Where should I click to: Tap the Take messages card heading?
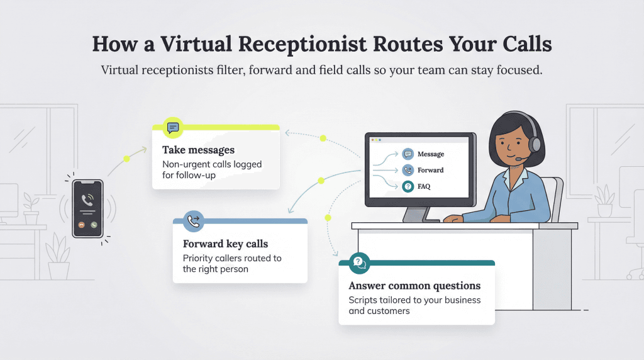(x=198, y=150)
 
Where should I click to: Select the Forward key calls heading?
(x=225, y=244)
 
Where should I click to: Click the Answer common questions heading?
(x=414, y=286)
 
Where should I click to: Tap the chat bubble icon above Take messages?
(x=172, y=127)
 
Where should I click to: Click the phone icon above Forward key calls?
(x=193, y=221)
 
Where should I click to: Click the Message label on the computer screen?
(x=431, y=154)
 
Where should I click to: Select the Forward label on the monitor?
(x=431, y=170)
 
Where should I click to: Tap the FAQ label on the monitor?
(x=425, y=187)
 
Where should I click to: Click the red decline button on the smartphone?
(x=82, y=225)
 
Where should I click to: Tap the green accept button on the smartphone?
(x=94, y=225)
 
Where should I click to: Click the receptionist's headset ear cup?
(x=535, y=144)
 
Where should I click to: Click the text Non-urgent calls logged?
(x=212, y=164)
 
